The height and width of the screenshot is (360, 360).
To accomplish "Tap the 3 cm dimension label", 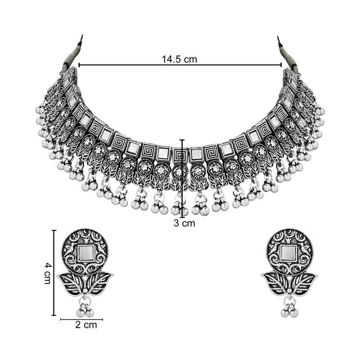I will [x=184, y=223].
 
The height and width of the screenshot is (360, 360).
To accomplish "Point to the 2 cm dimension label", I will [x=85, y=325].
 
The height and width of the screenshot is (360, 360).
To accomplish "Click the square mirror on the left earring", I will [x=85, y=253].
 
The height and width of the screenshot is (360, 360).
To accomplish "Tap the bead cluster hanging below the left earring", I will [x=85, y=310].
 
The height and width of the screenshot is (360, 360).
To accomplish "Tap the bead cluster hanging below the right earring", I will [x=289, y=310].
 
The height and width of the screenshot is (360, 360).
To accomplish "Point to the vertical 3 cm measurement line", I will [x=182, y=180].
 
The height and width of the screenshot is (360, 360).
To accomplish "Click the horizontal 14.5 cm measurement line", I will [x=135, y=65].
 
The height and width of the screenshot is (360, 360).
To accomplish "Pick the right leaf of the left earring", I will [x=100, y=283].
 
